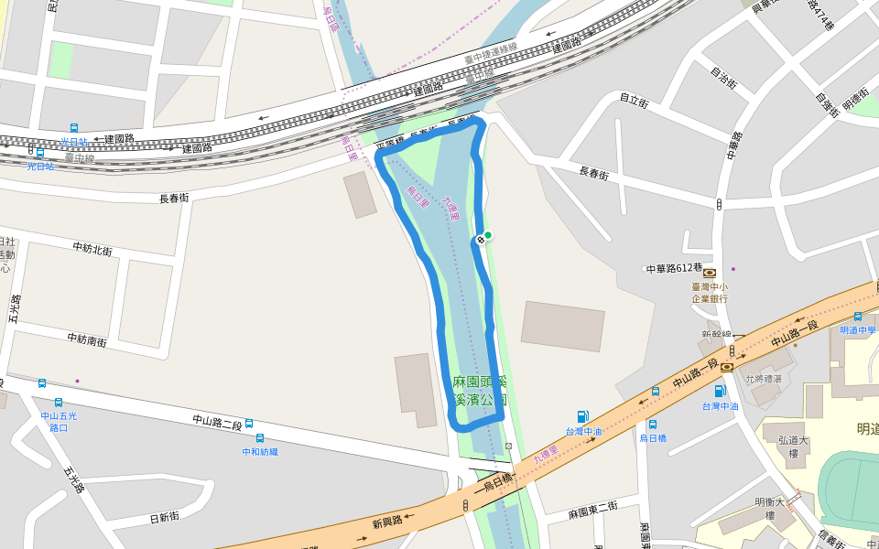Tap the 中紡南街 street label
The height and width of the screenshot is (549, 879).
point(87,339)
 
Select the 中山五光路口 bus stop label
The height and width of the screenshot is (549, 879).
point(59,422)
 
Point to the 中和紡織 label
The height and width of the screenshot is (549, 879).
point(260,451)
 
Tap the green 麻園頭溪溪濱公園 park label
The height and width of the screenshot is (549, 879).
point(479,391)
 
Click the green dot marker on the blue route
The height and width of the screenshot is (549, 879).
point(488,235)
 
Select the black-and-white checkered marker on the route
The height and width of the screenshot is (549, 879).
point(480,239)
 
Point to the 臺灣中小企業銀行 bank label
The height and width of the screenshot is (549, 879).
point(710,293)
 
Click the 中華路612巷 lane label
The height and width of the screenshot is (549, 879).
point(674,269)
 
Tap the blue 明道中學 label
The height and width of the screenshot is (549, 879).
point(858,329)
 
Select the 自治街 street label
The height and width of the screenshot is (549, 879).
point(723,77)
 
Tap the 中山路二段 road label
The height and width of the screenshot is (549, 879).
point(217,424)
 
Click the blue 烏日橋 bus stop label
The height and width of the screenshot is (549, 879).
point(653,438)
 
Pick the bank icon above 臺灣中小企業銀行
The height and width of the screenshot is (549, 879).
point(710,273)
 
